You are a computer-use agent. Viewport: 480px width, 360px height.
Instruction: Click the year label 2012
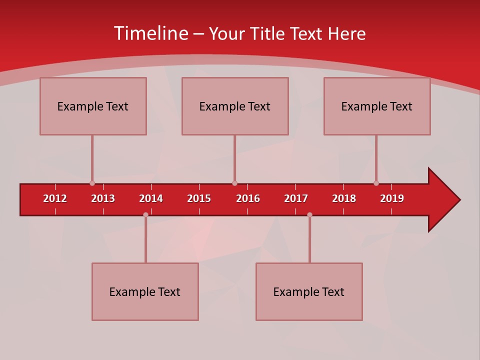[55, 198]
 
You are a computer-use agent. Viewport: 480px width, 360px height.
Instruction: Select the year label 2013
[103, 198]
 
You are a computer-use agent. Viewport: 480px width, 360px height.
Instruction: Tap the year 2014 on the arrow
[151, 198]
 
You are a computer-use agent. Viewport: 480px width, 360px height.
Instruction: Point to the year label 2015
[199, 198]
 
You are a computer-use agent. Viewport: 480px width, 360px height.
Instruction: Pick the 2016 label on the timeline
[248, 198]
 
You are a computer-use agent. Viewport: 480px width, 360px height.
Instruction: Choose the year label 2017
[296, 198]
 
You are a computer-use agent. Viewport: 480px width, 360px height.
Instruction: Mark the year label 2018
[344, 198]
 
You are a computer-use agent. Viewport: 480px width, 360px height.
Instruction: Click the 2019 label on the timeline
[392, 198]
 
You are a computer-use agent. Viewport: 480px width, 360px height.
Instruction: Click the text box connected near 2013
[93, 106]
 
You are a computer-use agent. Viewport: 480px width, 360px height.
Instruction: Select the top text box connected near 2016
[235, 106]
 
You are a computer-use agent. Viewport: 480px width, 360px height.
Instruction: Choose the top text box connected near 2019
[377, 106]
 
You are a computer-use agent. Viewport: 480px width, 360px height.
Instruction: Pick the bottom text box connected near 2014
[145, 291]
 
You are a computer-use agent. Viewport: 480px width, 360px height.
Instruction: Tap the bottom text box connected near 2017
[309, 291]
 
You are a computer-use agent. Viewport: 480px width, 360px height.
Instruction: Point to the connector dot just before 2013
[92, 183]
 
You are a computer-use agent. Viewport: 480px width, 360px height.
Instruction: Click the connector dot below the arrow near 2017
[309, 215]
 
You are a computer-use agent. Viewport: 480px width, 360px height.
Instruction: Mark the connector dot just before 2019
[376, 183]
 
